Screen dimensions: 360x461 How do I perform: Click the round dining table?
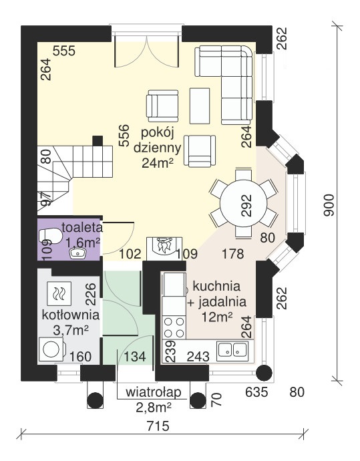244,203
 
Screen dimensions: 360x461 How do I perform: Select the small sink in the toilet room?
78,253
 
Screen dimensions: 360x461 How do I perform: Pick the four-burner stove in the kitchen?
174,327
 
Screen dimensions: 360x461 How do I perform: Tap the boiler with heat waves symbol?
59,293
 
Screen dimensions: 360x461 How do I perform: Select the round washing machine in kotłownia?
51,349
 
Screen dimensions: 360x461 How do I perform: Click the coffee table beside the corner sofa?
200,106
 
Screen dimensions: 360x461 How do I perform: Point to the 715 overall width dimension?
158,426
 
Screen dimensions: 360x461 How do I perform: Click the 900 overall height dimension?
329,205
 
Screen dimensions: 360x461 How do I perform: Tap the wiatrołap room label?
153,393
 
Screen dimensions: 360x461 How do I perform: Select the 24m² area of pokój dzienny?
157,163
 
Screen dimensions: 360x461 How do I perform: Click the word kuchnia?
216,286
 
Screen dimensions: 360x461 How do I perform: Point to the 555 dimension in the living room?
64,51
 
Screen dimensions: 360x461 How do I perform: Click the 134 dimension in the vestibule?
135,357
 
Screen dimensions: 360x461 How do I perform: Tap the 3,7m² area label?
71,331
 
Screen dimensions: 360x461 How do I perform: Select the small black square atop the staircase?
98,141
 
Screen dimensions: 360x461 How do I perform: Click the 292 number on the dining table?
246,205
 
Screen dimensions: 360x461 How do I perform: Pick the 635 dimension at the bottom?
256,392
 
